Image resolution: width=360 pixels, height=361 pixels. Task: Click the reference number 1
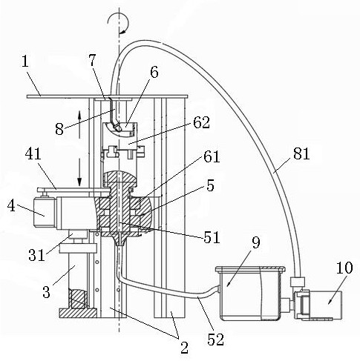[25, 62]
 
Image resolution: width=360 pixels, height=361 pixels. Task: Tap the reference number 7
[92, 60]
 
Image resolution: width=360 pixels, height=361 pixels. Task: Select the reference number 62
[202, 122]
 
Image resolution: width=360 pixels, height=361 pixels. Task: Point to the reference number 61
[212, 156]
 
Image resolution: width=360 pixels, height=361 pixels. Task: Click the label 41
[33, 154]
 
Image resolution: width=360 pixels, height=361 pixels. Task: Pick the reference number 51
[212, 237]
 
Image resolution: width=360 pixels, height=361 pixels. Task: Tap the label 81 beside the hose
[301, 153]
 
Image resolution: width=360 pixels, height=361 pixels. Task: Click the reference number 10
[344, 268]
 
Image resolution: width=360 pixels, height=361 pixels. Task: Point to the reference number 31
[36, 255]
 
